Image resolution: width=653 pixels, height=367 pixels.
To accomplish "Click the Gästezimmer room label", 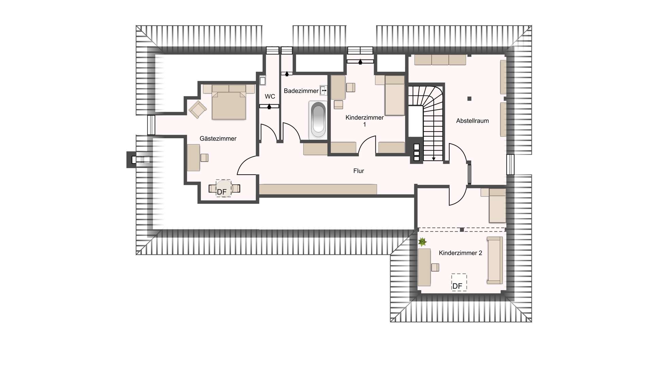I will point(218,139).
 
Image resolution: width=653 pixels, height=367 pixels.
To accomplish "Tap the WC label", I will point(270,97).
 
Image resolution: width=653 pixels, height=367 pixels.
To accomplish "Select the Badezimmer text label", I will point(301,91).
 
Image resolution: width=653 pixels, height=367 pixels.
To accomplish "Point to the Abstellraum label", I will point(472,121).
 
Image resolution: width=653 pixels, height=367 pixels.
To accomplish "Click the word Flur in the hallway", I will point(358,171).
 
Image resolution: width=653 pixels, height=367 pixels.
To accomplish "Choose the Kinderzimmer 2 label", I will point(460,253).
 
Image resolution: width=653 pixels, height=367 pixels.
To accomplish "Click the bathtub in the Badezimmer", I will point(318,119).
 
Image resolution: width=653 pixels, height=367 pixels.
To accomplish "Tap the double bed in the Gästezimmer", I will point(229,102).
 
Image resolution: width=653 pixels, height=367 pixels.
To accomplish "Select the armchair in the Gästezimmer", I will point(198,109).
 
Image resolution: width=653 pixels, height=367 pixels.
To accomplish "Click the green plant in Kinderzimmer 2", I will point(422,242).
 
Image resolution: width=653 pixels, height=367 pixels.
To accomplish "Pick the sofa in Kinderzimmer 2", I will point(495,260).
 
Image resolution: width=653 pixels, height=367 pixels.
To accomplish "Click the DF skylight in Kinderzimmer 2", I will point(459,282).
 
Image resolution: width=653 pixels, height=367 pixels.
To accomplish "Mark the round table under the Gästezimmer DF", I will point(224,188).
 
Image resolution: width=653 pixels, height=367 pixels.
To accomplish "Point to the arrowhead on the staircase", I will point(434,159).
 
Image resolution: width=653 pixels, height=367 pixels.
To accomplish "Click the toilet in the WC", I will point(262,81).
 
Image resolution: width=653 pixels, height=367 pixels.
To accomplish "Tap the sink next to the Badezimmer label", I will point(323,90).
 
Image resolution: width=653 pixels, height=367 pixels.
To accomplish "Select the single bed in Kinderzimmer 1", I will point(395,95).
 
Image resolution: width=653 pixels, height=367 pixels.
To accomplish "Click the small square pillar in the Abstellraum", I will point(469,99).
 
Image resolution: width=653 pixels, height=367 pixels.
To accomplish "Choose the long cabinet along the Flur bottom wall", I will point(318,189).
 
